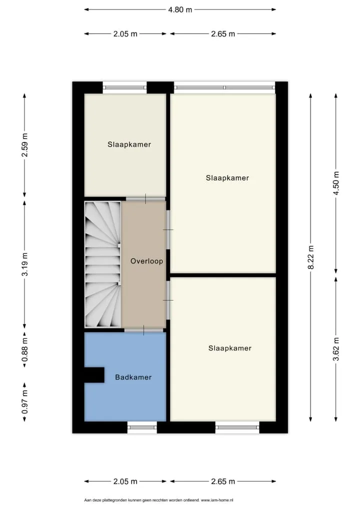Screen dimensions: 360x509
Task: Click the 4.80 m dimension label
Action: [180, 9]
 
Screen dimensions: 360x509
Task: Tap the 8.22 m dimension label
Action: [311, 257]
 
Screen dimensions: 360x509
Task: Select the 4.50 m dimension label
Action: [336, 183]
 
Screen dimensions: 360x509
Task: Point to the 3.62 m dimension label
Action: [336, 349]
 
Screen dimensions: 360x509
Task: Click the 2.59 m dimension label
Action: [24, 145]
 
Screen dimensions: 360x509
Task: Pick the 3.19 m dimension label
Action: [24, 264]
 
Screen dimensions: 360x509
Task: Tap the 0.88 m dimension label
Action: [24, 349]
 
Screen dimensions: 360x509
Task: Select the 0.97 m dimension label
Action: [24, 402]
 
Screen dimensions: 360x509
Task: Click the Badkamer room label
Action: [133, 377]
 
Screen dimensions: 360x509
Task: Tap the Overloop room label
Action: [146, 261]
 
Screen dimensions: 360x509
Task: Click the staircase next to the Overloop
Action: [102, 264]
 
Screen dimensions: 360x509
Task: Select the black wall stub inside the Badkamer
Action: [94, 375]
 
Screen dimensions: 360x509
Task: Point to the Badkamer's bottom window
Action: [142, 427]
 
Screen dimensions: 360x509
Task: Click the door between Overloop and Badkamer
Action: [144, 330]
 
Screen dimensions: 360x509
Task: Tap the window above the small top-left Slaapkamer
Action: [125, 87]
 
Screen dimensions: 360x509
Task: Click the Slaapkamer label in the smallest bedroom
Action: [129, 145]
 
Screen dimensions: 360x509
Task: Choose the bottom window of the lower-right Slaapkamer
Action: [237, 427]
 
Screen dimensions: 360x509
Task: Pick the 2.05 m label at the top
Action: [125, 34]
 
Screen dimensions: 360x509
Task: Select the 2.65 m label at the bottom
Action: [223, 481]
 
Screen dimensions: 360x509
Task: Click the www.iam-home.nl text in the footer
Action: [217, 500]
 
